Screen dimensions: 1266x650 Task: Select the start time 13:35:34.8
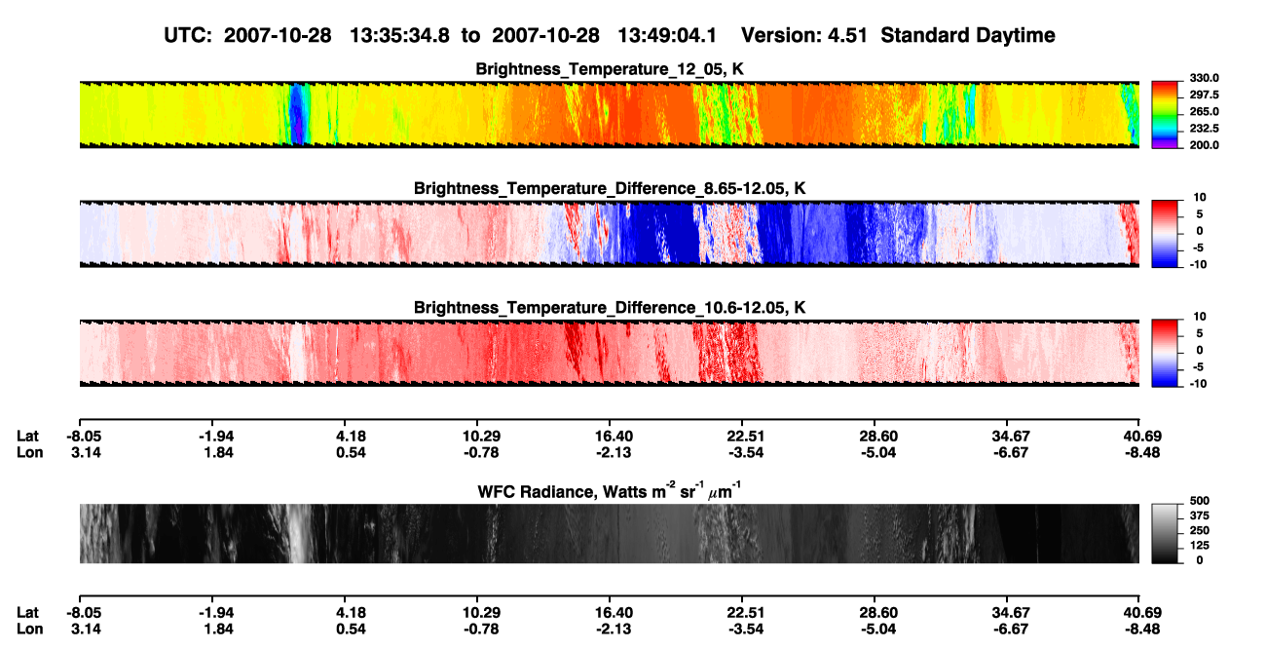pos(399,36)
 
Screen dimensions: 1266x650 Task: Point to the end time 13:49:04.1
pos(667,36)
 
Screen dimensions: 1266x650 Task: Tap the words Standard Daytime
pos(968,36)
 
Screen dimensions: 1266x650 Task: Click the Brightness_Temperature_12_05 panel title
pos(610,69)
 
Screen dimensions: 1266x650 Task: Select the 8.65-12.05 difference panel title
pos(610,188)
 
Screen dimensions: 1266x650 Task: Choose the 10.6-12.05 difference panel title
pos(610,308)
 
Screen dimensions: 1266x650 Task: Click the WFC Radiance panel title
pos(610,491)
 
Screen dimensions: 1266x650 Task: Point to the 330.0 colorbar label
pos(1204,78)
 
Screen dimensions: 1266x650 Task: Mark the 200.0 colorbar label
pos(1204,145)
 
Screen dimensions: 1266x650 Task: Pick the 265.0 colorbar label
pos(1204,111)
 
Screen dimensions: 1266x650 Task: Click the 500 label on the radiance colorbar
pos(1199,501)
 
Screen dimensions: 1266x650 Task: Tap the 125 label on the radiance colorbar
pos(1199,546)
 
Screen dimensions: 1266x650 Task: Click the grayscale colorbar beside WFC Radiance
pos(1165,533)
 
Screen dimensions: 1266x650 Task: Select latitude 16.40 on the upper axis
pos(614,437)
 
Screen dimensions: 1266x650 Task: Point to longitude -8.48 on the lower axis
pos(1141,630)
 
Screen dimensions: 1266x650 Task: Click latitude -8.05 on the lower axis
pos(84,613)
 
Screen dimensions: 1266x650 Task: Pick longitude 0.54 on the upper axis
pos(351,452)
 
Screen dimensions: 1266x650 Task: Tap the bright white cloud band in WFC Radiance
pos(300,533)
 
